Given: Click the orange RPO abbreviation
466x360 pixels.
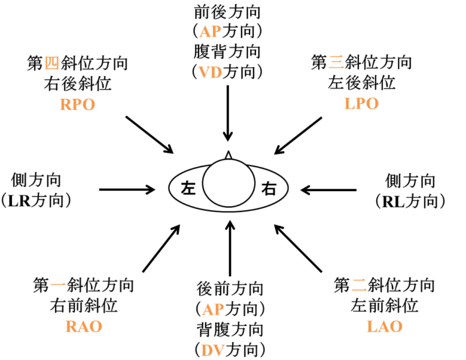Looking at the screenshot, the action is coord(77,104).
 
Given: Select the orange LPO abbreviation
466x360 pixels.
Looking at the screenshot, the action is coord(362,104).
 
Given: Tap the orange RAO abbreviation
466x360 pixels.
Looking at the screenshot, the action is coord(84,326).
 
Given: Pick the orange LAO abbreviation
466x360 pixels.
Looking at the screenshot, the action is coord(384,326).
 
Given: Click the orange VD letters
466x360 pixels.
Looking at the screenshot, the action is coord(210,72).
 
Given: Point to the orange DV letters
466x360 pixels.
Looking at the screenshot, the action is coord(212,350).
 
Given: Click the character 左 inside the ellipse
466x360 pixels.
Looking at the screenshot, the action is coord(188,188).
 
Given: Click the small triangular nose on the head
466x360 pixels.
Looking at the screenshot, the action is coord(228,155).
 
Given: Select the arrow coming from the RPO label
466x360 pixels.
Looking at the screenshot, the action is coord(149,135).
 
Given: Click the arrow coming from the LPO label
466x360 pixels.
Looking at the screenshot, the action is coord(298,135).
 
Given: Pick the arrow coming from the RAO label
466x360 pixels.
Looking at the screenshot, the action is coord(161,248).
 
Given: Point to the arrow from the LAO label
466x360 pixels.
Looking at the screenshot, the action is coord(298,248).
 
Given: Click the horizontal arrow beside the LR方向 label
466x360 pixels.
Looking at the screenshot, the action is coord(127,189).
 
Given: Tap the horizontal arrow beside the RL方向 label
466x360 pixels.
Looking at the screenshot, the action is coord(329,190).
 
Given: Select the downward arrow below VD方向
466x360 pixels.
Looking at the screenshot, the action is coord(228,113).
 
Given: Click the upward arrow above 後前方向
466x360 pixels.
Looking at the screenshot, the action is coord(230,248).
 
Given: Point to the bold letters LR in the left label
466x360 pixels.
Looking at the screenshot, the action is coord(19,201).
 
